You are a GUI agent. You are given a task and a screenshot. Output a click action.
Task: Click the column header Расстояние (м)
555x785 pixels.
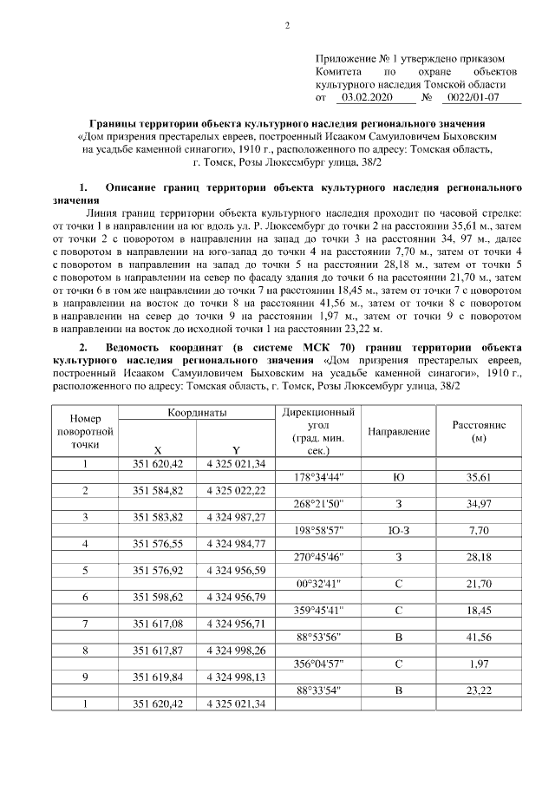[479, 431]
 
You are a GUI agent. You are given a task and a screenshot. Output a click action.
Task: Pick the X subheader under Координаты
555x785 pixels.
[157, 449]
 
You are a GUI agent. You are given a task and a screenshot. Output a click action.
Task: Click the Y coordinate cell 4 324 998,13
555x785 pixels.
[235, 676]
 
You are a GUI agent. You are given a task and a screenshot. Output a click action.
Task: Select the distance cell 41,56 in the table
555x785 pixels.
[479, 636]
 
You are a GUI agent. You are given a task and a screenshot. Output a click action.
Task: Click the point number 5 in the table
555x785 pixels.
[85, 570]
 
